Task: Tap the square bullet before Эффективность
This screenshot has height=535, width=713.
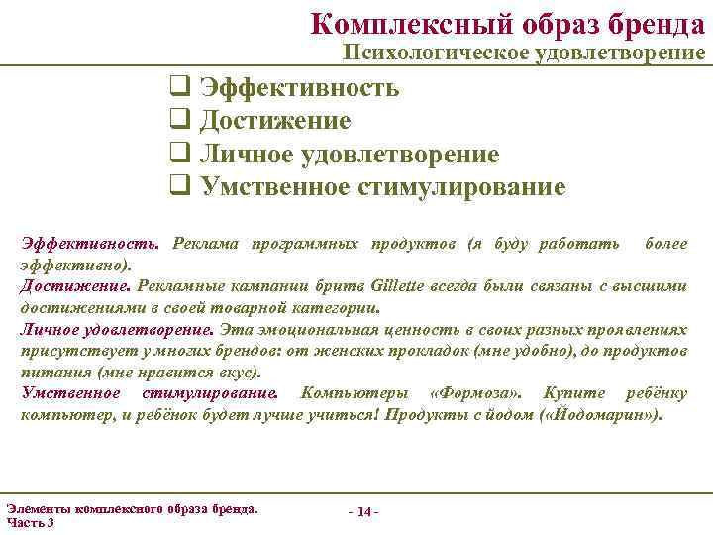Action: tap(179, 87)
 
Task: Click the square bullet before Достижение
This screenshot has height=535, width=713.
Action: tap(179, 121)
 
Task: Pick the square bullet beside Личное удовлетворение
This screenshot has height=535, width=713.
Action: tap(179, 154)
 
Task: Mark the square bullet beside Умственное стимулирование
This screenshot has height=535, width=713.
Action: tap(179, 186)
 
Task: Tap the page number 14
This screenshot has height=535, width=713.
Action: tap(363, 511)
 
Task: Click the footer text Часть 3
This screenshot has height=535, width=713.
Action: tap(31, 521)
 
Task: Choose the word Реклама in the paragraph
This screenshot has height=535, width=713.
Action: tap(203, 244)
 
